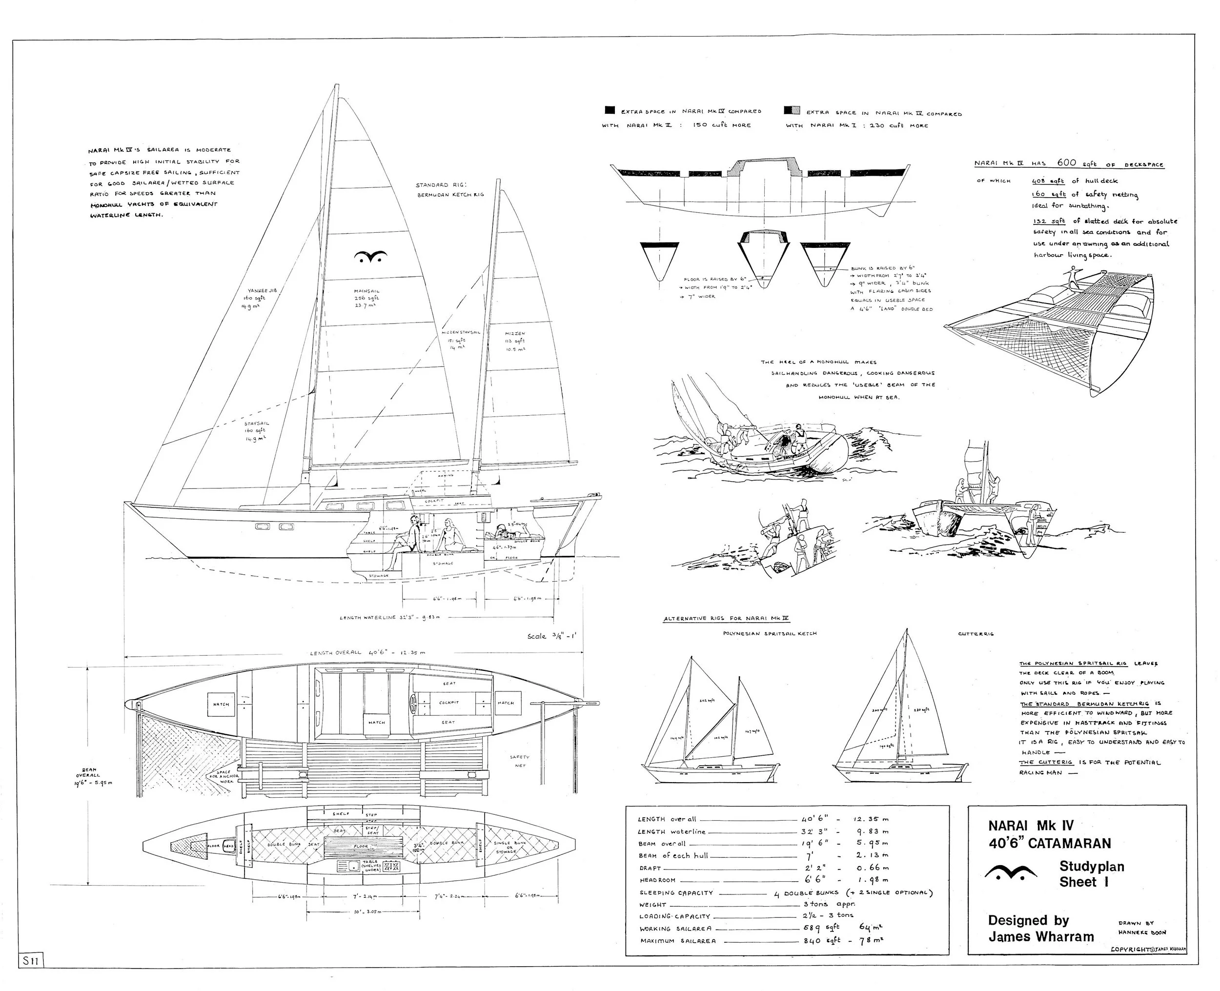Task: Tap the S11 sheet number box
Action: point(30,961)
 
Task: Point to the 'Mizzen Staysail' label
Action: point(461,332)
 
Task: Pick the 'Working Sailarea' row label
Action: point(675,929)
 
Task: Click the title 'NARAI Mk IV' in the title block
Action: point(1031,826)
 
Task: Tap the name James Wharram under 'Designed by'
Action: point(1041,937)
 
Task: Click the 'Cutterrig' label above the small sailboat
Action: point(976,634)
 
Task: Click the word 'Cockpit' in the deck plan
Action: point(449,703)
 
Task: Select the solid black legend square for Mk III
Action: point(610,111)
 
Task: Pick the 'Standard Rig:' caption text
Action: point(441,185)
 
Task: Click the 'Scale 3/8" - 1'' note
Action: point(552,636)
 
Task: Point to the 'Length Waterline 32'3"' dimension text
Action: point(389,618)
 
